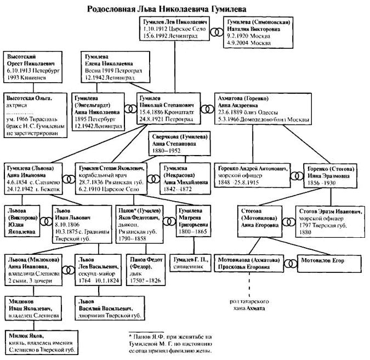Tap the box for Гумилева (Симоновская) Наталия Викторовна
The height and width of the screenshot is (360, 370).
pos(258,33)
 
